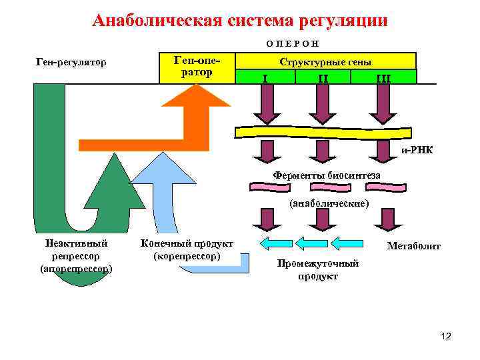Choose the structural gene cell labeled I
pyautogui.click(x=266, y=77)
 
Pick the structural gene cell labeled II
pyautogui.click(x=323, y=77)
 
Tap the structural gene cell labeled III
pyautogui.click(x=383, y=77)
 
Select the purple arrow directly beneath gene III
pyautogui.click(x=383, y=105)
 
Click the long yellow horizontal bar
pyautogui.click(x=320, y=132)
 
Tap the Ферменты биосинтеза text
pyautogui.click(x=327, y=175)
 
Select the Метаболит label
pyautogui.click(x=414, y=247)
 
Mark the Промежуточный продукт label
pyautogui.click(x=318, y=269)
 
